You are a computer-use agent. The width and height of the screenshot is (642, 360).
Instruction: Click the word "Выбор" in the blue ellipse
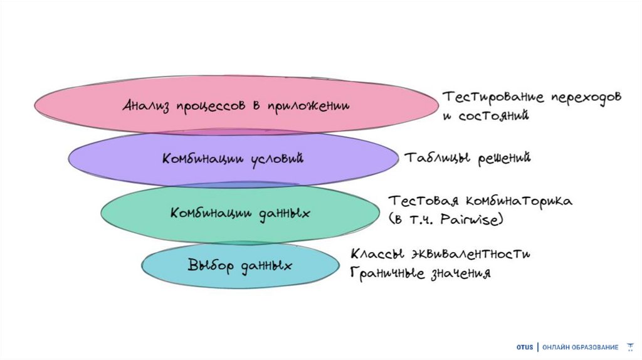click(x=206, y=264)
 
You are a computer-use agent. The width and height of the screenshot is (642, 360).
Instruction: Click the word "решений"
click(x=503, y=157)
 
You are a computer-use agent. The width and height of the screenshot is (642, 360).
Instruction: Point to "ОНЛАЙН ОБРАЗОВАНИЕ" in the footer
click(x=580, y=347)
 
